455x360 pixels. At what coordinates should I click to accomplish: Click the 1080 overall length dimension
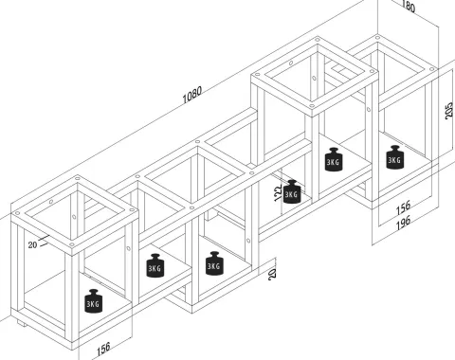tap(191, 95)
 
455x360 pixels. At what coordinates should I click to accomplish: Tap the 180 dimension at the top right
tap(409, 6)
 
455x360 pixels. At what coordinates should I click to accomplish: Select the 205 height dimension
tap(449, 111)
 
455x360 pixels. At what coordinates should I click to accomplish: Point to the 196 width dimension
tap(403, 222)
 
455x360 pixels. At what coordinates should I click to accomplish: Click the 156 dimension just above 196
tap(403, 207)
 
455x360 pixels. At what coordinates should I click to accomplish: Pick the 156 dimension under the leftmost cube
tap(103, 349)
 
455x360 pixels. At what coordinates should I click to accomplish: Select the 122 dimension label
tap(278, 193)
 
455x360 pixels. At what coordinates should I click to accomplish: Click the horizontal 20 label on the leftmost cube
tap(32, 244)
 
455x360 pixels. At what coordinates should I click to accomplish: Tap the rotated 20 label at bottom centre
tap(272, 273)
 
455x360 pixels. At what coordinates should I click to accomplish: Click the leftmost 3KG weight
tap(94, 301)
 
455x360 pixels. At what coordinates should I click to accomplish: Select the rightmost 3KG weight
tap(394, 157)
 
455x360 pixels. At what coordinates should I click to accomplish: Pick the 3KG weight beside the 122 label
tap(292, 191)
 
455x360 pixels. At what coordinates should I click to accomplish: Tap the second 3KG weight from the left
tap(155, 265)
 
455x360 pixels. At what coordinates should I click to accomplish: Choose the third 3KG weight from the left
tap(214, 263)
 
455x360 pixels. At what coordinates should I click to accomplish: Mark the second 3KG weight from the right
tap(334, 159)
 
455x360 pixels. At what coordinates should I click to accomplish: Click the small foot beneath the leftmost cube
tap(21, 323)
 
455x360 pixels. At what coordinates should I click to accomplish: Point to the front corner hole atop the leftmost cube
tap(72, 244)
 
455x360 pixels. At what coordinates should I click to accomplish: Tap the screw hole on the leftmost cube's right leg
tap(128, 248)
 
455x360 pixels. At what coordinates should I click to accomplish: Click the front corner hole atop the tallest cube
tap(312, 106)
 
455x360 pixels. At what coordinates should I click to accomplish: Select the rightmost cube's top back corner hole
tap(377, 38)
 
